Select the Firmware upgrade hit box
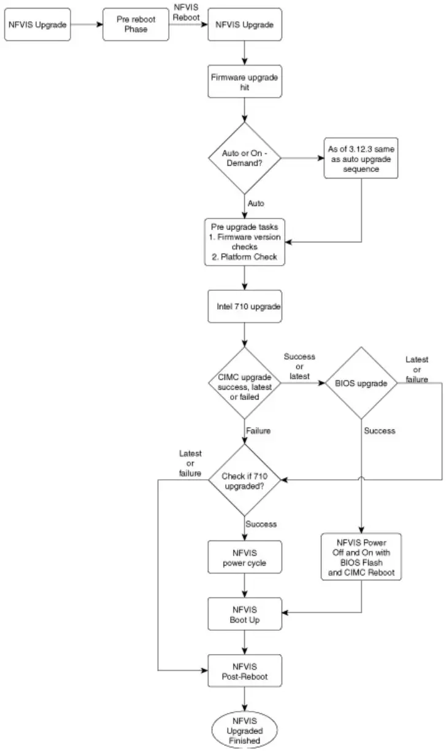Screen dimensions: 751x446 245,82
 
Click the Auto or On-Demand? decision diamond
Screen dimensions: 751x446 245,158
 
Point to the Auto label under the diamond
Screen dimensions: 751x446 256,202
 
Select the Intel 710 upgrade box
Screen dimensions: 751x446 245,306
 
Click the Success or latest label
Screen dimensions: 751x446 300,366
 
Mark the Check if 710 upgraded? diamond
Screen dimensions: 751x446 245,479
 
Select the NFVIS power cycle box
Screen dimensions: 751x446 245,557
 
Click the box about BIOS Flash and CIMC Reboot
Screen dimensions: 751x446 361,557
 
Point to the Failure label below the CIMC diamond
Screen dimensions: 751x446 258,431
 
